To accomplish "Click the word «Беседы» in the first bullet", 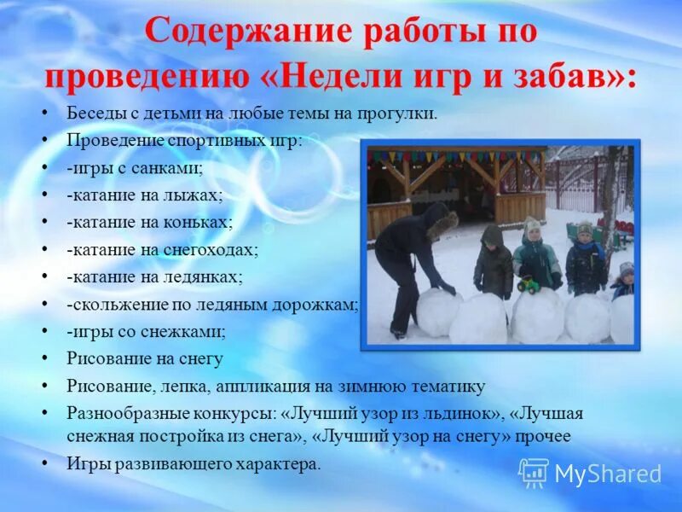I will (x=93, y=113).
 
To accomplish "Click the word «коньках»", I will (x=201, y=222).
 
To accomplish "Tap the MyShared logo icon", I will (x=534, y=472).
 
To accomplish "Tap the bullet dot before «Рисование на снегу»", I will (x=44, y=358).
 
